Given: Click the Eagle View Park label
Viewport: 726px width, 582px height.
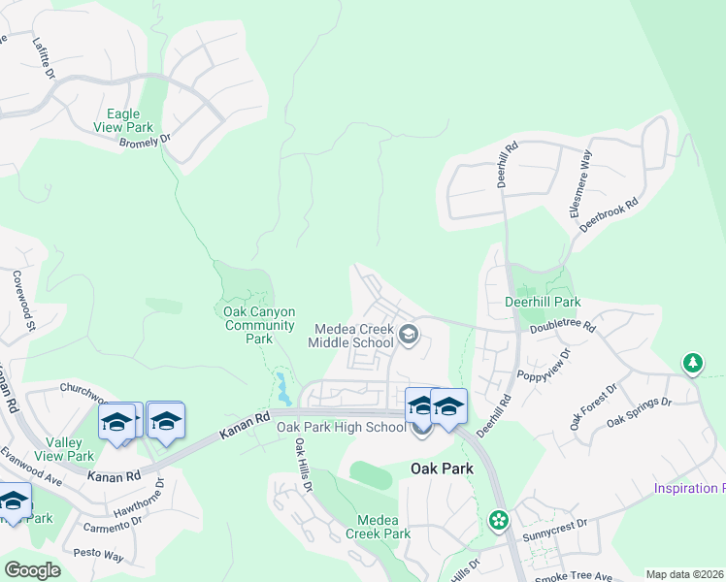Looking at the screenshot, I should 123,120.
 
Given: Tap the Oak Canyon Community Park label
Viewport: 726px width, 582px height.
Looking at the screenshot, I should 259,325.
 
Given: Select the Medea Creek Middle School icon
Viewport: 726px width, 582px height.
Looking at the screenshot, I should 409,335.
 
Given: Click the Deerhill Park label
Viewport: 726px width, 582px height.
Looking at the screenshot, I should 543,303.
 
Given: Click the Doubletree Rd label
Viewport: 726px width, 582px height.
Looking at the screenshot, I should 562,327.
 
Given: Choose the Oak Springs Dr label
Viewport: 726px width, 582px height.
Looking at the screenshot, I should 639,411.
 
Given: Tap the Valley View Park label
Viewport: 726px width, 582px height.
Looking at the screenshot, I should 65,449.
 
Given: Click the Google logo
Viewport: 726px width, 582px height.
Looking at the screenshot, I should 32,570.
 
